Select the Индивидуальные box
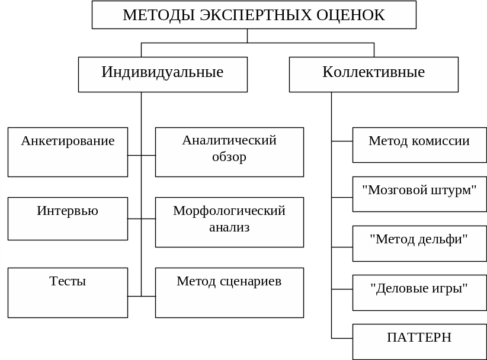(x=162, y=74)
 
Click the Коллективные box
(x=373, y=74)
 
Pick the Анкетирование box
(x=68, y=152)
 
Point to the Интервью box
(x=68, y=218)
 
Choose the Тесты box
(x=68, y=292)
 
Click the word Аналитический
(x=229, y=140)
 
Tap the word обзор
(x=229, y=157)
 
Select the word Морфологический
(x=229, y=211)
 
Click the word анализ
(x=229, y=227)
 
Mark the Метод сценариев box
(x=229, y=292)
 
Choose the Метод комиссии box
(x=419, y=144)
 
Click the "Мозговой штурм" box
(x=419, y=194)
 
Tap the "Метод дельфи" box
(x=419, y=243)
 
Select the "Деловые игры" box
(x=419, y=292)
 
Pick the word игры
(x=450, y=289)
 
